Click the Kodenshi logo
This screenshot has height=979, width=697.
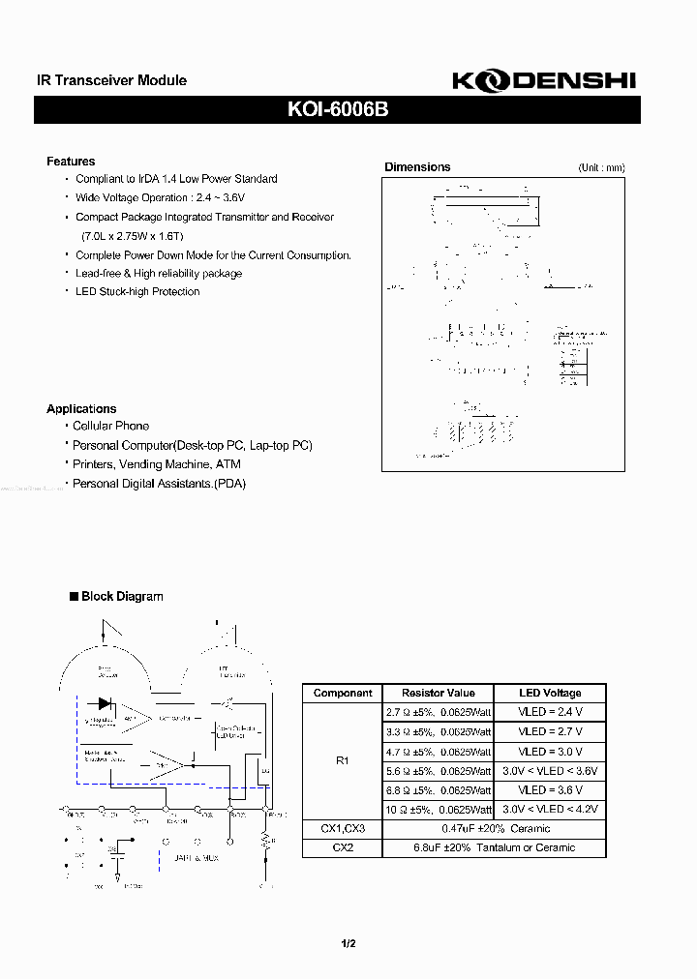click(543, 81)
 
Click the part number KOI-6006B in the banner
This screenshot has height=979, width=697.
click(337, 110)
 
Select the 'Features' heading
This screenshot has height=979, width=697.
click(71, 162)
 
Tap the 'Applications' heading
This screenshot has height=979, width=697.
click(81, 409)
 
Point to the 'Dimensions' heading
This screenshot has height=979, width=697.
click(417, 167)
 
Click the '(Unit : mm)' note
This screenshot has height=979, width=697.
click(601, 167)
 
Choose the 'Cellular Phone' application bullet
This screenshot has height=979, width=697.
click(110, 426)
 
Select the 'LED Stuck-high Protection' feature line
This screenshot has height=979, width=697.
click(137, 291)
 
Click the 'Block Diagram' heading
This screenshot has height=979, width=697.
click(121, 597)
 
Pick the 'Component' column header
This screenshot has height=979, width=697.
click(343, 693)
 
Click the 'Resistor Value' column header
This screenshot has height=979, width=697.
click(438, 693)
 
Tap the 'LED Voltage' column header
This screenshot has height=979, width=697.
click(549, 693)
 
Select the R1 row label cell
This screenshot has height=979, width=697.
click(342, 760)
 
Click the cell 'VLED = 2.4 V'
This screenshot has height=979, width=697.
click(549, 712)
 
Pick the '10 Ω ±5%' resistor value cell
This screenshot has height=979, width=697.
click(438, 810)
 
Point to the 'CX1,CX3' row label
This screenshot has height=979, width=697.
click(342, 829)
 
